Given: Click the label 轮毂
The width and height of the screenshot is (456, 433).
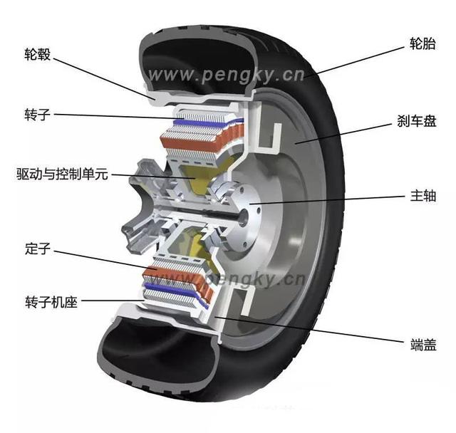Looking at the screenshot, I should pos(38,55).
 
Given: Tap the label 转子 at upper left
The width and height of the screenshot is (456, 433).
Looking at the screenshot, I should pos(38,114).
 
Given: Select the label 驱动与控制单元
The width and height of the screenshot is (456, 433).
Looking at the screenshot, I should pos(63,173).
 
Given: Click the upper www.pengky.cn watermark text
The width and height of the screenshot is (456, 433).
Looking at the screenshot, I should pos(227,74).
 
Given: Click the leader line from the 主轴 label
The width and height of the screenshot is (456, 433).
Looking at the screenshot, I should pos(328,199).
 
